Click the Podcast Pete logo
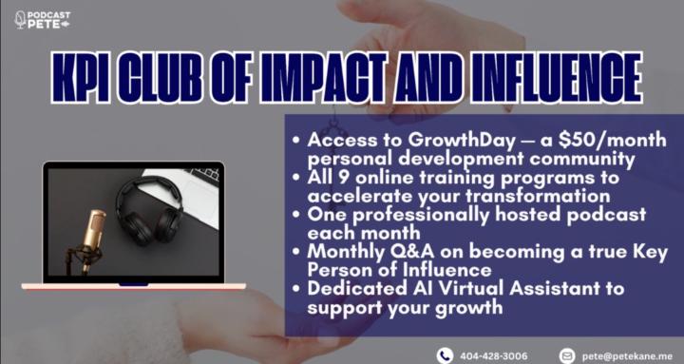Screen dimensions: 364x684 click(43, 19)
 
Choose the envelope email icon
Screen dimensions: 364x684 click(567, 354)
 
